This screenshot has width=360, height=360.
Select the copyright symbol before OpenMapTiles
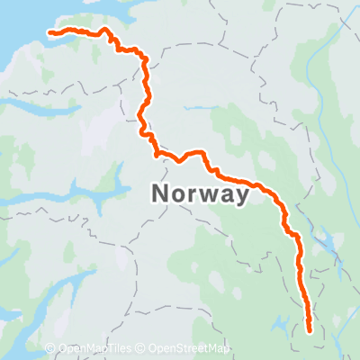pyautogui.click(x=50, y=349)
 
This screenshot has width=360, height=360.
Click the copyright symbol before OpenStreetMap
pyautogui.click(x=143, y=349)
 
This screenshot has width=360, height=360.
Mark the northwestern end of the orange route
pyautogui.click(x=49, y=33)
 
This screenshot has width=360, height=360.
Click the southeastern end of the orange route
pyautogui.click(x=310, y=331)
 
